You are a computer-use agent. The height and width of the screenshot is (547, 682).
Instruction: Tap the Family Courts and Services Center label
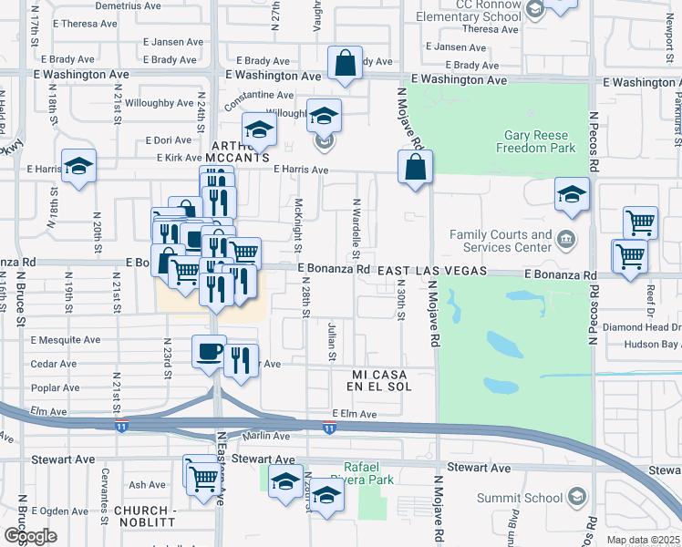tap(501, 241)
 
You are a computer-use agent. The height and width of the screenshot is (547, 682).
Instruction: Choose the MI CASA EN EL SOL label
tap(382, 380)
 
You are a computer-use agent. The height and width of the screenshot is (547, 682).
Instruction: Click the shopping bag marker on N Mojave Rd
tap(415, 168)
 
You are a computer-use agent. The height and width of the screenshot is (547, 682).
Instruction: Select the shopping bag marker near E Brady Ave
tap(346, 64)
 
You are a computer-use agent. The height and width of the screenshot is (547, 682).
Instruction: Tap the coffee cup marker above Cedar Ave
tap(209, 351)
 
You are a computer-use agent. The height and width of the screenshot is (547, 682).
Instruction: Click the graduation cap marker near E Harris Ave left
tap(79, 166)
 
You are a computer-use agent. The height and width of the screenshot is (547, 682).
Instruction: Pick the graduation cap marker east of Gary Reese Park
tap(572, 194)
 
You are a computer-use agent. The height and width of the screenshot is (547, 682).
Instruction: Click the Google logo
tap(30, 536)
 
